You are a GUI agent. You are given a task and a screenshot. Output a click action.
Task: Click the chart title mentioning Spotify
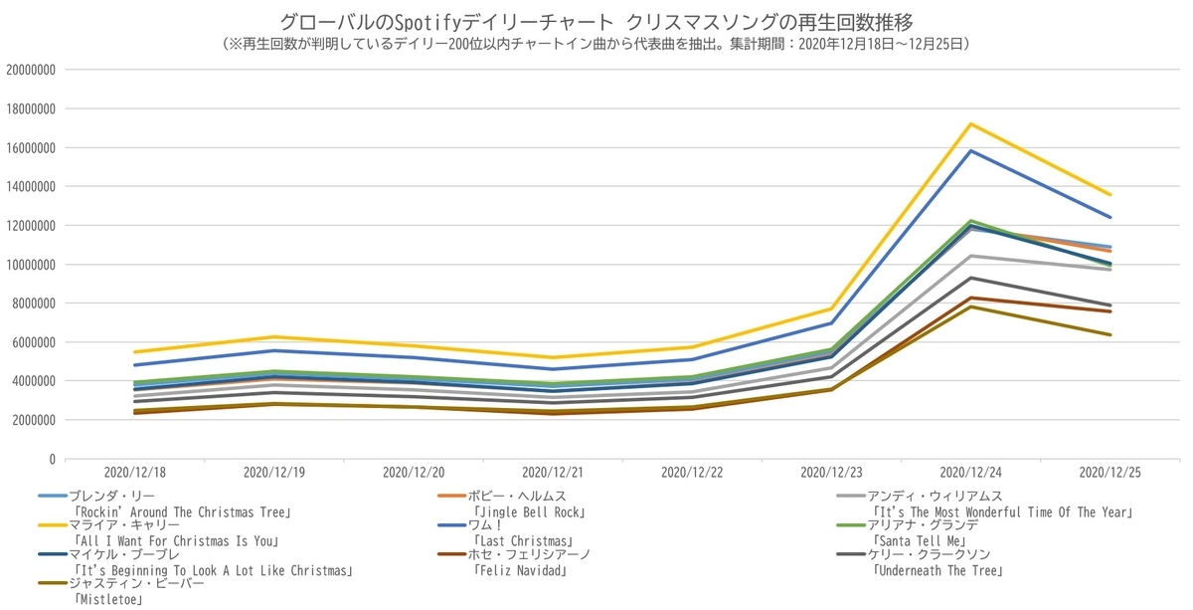(596, 21)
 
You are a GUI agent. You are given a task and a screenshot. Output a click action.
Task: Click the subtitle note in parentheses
(596, 44)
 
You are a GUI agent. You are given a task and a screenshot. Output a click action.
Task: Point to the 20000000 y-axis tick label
(30, 70)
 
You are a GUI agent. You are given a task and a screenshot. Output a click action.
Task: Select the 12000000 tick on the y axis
(30, 226)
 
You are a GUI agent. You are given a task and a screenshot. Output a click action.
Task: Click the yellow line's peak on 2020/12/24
(970, 123)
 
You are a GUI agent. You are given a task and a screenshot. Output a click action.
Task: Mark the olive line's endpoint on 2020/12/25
(1109, 334)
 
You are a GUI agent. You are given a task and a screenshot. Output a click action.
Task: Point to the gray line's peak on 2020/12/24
(970, 256)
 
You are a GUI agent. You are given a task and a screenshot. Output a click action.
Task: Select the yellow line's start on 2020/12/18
(135, 352)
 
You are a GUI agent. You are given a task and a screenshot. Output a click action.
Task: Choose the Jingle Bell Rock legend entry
(528, 512)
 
